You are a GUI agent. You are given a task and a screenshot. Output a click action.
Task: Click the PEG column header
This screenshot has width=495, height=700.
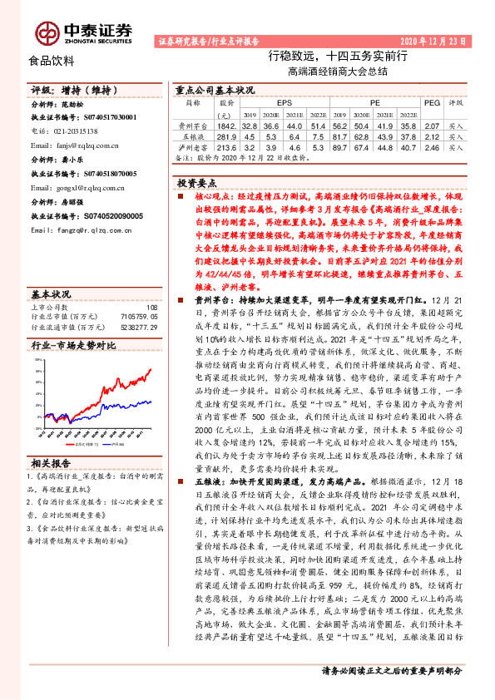click(x=431, y=102)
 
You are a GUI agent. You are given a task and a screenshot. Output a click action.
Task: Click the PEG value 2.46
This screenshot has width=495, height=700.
click(x=431, y=145)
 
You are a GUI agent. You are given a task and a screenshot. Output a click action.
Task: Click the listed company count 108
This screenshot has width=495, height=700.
click(x=151, y=284)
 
